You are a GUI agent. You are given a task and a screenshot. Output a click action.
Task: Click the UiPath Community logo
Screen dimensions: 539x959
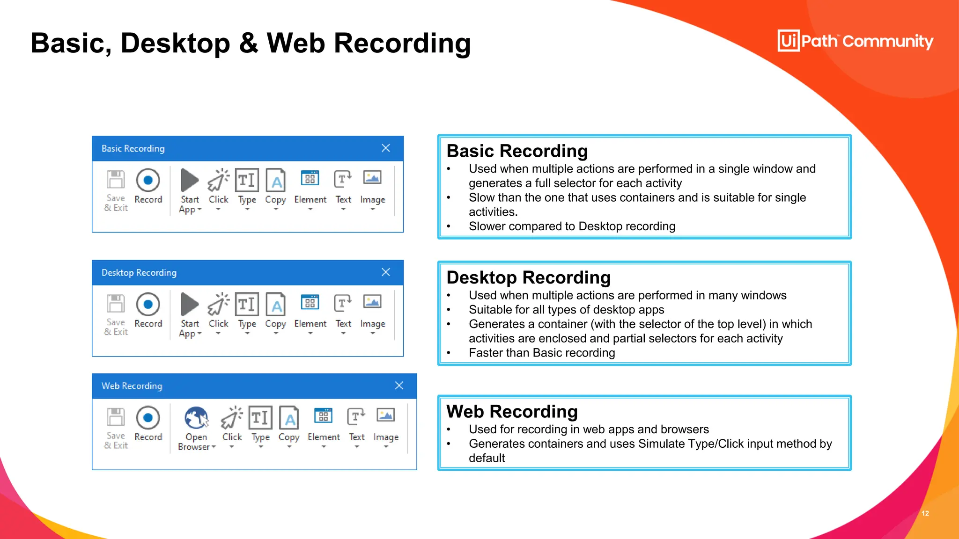coord(855,41)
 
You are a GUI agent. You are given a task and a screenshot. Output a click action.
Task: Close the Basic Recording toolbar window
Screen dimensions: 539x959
coord(386,148)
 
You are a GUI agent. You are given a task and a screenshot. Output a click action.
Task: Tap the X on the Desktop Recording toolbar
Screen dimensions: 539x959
coord(386,272)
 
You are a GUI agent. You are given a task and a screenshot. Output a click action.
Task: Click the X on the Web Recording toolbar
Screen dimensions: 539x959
coord(399,386)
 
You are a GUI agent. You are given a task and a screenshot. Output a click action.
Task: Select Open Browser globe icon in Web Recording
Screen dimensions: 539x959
coord(196,417)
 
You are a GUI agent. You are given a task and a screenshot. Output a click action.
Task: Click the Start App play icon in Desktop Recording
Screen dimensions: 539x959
coord(190,304)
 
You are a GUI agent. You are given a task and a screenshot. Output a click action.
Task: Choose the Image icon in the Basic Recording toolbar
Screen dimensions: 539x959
coord(372,178)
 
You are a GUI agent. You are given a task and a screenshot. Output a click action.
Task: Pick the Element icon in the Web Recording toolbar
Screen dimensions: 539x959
coord(323,415)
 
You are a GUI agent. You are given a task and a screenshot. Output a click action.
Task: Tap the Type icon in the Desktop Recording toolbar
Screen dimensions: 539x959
coord(247,304)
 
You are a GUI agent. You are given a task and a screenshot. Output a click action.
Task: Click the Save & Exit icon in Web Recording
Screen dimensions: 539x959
coord(116,417)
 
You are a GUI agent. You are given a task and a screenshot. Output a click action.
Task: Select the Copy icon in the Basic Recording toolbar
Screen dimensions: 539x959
coord(275,180)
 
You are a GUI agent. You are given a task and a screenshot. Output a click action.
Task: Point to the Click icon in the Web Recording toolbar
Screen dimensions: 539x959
coord(232,417)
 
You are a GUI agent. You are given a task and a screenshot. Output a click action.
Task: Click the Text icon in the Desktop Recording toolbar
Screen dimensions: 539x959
coord(343,303)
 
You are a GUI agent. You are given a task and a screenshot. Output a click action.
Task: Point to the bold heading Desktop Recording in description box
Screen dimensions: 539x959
coord(529,277)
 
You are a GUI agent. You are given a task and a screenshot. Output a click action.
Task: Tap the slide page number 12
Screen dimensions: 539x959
coord(925,513)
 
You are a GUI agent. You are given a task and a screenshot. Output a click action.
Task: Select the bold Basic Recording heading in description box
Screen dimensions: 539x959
coord(517,151)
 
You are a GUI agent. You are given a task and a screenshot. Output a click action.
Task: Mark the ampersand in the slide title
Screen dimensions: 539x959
coord(249,43)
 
